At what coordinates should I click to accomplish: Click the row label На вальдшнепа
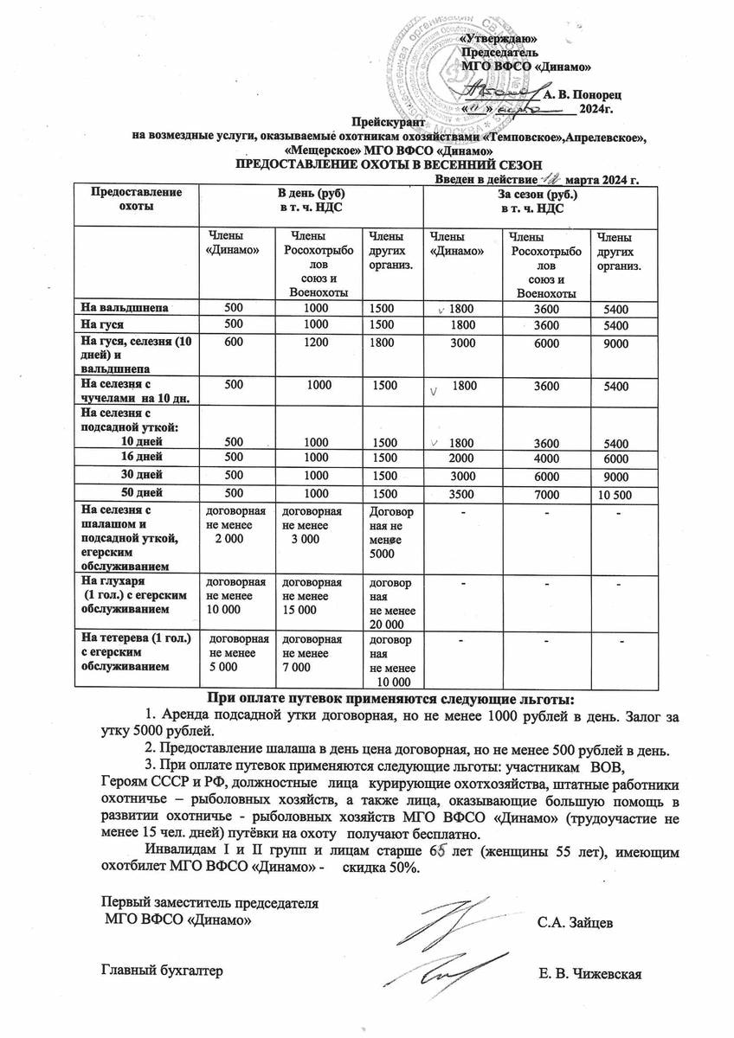125,307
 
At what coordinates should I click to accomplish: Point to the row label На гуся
101,324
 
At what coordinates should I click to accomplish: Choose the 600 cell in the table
234,343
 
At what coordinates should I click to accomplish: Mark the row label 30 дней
142,475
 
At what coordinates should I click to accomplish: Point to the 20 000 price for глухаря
387,624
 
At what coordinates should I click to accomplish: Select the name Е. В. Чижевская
589,976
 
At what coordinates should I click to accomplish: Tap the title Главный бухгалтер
163,971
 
